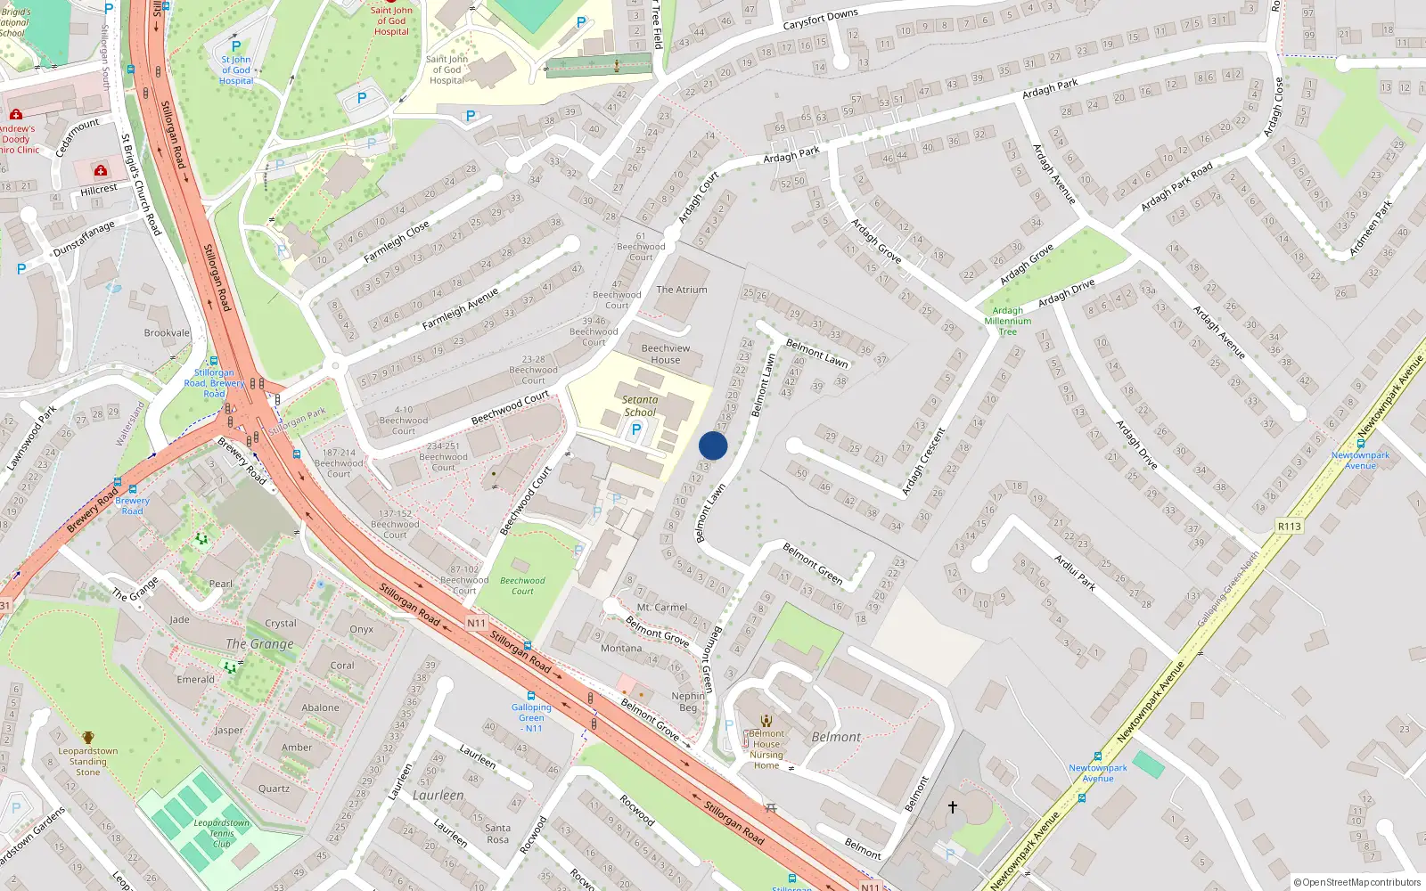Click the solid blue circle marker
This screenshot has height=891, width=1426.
pyautogui.click(x=713, y=445)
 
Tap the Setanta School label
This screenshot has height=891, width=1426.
pyautogui.click(x=640, y=406)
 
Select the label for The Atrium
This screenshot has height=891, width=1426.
pyautogui.click(x=682, y=290)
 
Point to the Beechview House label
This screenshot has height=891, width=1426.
pyautogui.click(x=666, y=354)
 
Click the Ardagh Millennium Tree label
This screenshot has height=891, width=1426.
pyautogui.click(x=1008, y=322)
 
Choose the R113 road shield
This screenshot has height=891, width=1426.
pyautogui.click(x=1290, y=527)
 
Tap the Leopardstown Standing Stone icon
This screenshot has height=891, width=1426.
pyautogui.click(x=88, y=738)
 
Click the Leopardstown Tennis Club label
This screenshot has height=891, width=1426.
pyautogui.click(x=222, y=833)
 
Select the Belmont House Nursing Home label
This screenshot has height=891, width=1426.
pyautogui.click(x=766, y=749)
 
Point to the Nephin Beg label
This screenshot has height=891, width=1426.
pyautogui.click(x=688, y=702)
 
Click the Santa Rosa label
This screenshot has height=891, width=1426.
pyautogui.click(x=497, y=833)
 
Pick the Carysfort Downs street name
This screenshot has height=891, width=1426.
pyautogui.click(x=820, y=19)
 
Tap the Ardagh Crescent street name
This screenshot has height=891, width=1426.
pyautogui.click(x=923, y=462)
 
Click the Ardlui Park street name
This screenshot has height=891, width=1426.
pyautogui.click(x=1075, y=573)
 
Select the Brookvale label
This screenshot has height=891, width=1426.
pyautogui.click(x=168, y=333)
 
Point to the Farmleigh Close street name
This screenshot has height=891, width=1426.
pyautogui.click(x=397, y=241)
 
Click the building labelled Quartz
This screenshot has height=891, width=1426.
pyautogui.click(x=274, y=789)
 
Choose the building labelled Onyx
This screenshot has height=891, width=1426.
pyautogui.click(x=362, y=629)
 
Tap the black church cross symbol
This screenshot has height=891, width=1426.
pyautogui.click(x=953, y=807)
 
